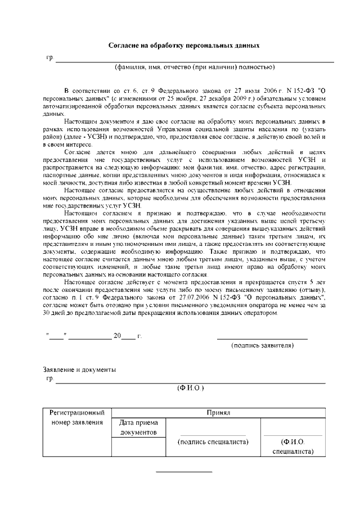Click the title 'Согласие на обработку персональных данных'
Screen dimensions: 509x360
point(184,44)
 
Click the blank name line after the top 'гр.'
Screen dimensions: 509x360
point(194,61)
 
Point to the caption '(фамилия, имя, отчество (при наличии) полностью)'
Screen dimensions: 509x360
point(195,67)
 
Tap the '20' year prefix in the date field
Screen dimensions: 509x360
point(117,336)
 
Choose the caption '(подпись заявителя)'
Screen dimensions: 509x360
point(263,345)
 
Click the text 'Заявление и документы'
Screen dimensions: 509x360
point(80,370)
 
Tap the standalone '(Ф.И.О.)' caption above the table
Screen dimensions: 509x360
point(191,388)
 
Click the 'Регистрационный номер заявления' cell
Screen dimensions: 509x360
point(76,417)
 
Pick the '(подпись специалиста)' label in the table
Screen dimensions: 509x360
point(213,442)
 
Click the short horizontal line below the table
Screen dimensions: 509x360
point(184,471)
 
